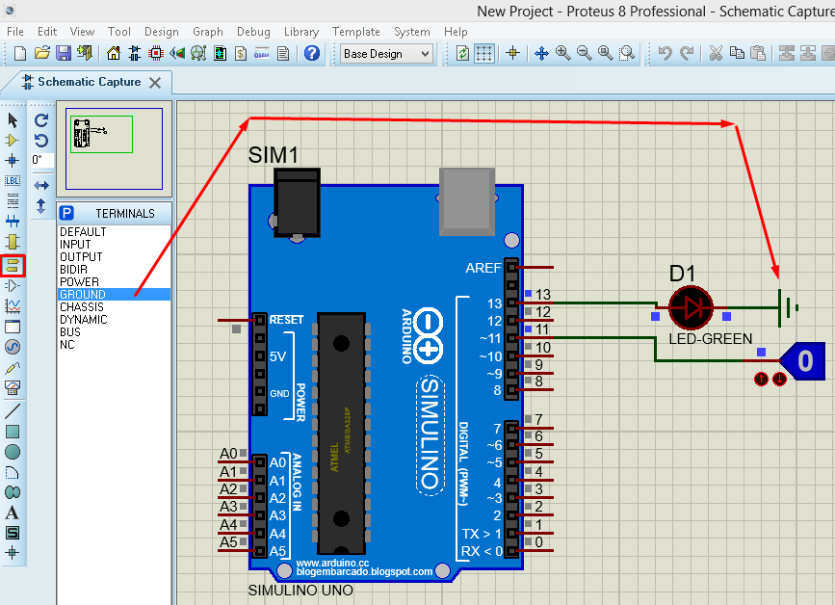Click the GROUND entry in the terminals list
(x=83, y=294)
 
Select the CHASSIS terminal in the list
(x=83, y=306)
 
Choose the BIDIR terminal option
(x=73, y=269)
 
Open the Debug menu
(x=253, y=32)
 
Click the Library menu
(x=301, y=32)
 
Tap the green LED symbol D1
(x=691, y=305)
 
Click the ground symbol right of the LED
(x=789, y=307)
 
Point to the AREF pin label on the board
(x=483, y=268)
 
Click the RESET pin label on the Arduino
(x=286, y=320)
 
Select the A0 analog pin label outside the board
(x=228, y=454)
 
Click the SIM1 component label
(x=274, y=155)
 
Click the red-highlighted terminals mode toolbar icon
(x=13, y=265)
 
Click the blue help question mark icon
(x=312, y=54)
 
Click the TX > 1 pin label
(x=481, y=534)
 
